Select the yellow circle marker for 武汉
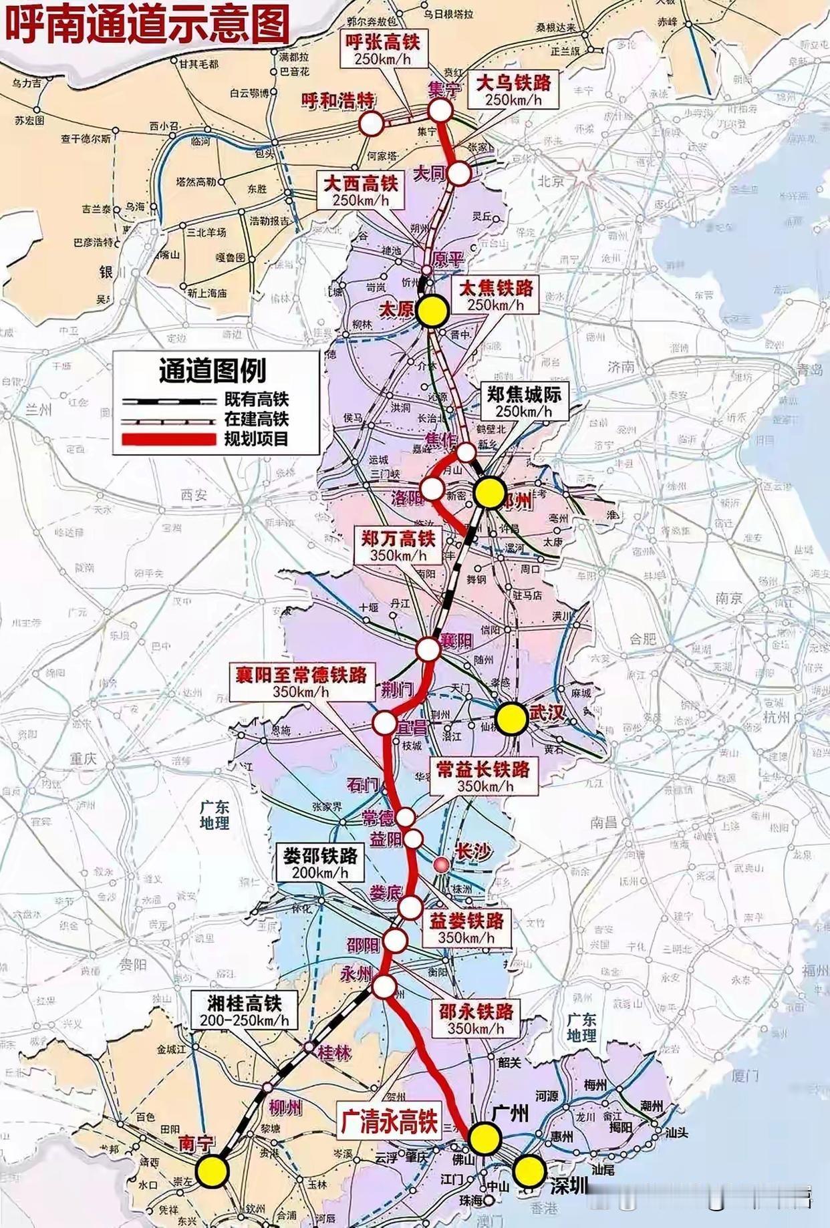point(511,719)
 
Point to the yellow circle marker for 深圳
point(529,1170)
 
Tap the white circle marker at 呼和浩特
point(372,124)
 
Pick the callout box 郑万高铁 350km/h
point(398,546)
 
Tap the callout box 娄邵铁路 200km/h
point(320,863)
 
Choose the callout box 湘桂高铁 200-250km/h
point(244,1010)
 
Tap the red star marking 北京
point(583,172)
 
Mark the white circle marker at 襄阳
point(427,648)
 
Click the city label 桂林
point(334,1052)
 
